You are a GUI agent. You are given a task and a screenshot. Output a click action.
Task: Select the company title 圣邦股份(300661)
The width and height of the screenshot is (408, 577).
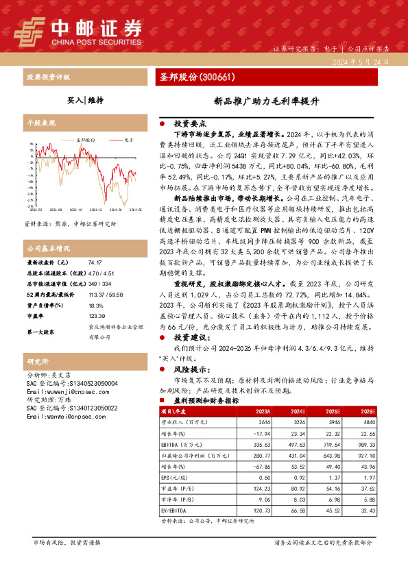coord(198,77)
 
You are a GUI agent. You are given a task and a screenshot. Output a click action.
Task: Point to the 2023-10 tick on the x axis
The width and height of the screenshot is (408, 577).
coord(75,210)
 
